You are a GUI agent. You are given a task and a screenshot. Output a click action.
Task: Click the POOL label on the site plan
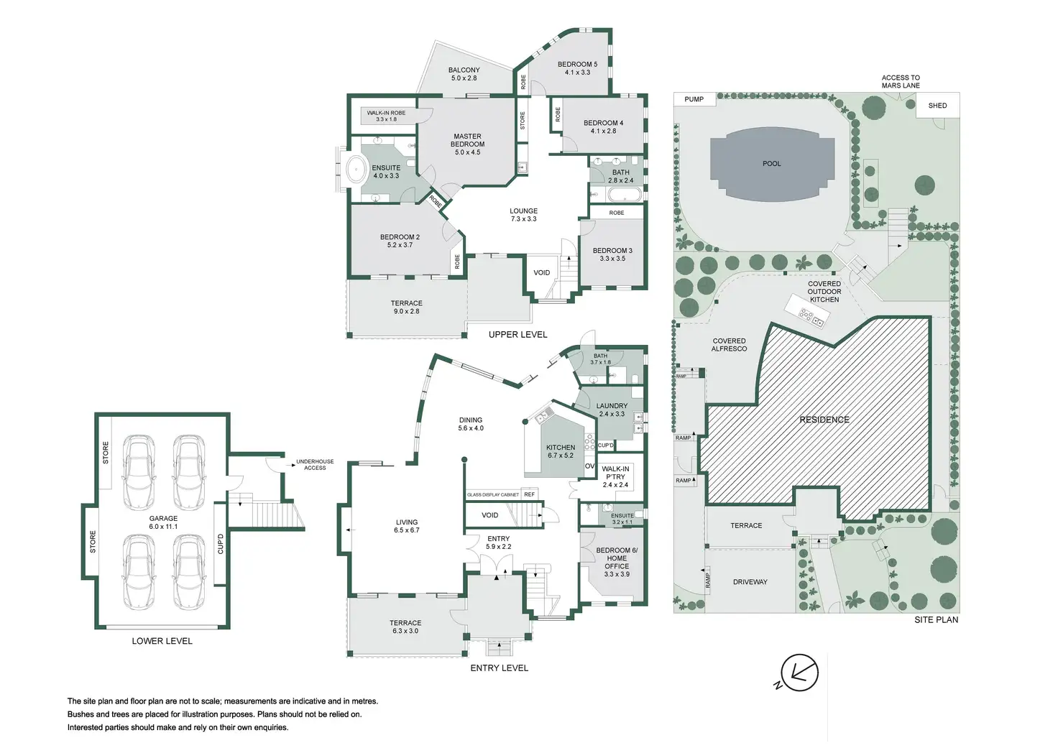pyautogui.click(x=771, y=163)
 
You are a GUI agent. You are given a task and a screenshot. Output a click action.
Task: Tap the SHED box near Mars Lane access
pyautogui.click(x=937, y=106)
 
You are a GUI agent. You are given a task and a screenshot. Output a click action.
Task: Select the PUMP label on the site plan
pyautogui.click(x=694, y=99)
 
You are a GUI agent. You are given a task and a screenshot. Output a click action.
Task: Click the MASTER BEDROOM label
pyautogui.click(x=467, y=140)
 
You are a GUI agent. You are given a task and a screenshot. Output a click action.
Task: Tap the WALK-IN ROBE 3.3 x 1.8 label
pyautogui.click(x=387, y=116)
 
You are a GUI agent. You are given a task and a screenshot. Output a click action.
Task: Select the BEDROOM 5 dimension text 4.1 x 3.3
pyautogui.click(x=577, y=73)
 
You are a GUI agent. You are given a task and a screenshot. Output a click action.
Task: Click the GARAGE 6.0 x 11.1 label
pyautogui.click(x=163, y=522)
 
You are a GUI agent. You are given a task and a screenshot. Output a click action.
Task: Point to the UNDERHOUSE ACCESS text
pyautogui.click(x=315, y=465)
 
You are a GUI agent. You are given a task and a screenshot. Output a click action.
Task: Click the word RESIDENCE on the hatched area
pyautogui.click(x=824, y=420)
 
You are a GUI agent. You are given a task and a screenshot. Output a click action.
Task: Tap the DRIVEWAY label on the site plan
pyautogui.click(x=750, y=582)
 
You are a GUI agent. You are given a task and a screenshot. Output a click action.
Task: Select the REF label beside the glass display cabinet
pyautogui.click(x=530, y=494)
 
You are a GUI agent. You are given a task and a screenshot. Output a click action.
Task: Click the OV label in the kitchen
pyautogui.click(x=589, y=466)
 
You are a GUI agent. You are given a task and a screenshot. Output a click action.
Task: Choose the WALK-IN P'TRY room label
pyautogui.click(x=615, y=473)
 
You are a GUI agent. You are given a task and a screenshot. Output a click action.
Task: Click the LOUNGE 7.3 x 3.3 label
pyautogui.click(x=523, y=215)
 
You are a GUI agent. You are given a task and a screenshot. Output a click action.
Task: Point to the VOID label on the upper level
pyautogui.click(x=542, y=272)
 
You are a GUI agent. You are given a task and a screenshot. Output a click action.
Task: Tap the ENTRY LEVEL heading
pyautogui.click(x=500, y=668)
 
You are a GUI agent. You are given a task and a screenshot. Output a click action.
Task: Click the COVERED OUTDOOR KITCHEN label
pyautogui.click(x=824, y=291)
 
